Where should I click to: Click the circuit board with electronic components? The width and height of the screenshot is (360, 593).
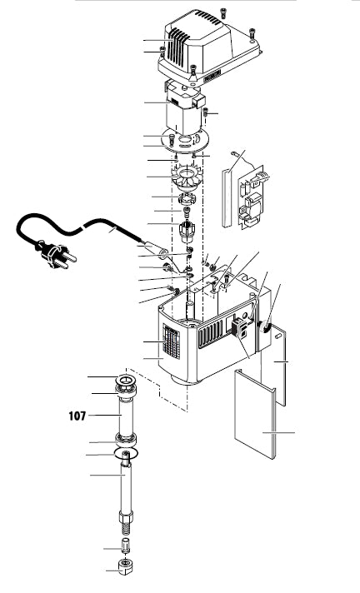click(249, 196)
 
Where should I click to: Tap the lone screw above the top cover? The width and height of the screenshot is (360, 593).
click(222, 12)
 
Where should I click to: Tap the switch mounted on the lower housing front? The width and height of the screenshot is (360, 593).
click(239, 328)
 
